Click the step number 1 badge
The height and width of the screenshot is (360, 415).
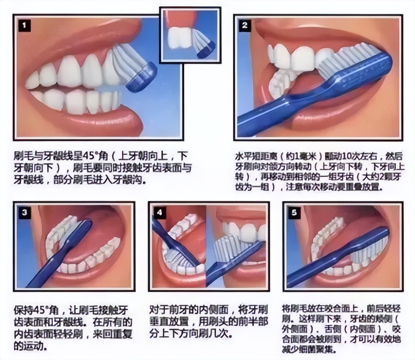(24, 26)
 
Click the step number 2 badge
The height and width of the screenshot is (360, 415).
(245, 26)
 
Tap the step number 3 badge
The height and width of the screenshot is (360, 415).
(24, 213)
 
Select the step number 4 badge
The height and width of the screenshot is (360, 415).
(160, 213)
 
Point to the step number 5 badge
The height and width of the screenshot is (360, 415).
(294, 213)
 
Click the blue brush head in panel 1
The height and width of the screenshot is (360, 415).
(141, 77)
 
